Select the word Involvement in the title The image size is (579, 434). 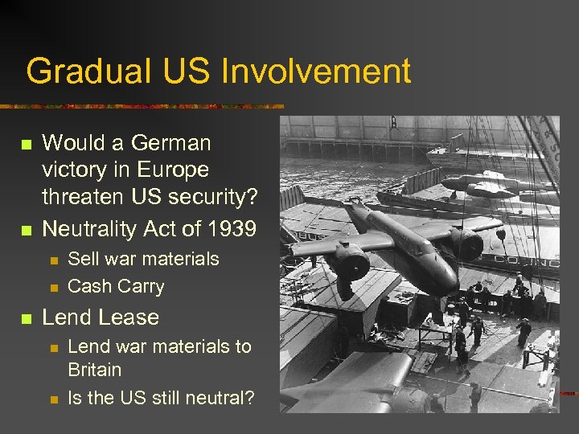click(x=315, y=72)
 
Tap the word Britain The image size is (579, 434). click(x=95, y=370)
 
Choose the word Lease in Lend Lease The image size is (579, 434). click(x=129, y=317)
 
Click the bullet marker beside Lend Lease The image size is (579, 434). click(x=26, y=318)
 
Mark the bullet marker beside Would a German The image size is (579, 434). click(x=26, y=144)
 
